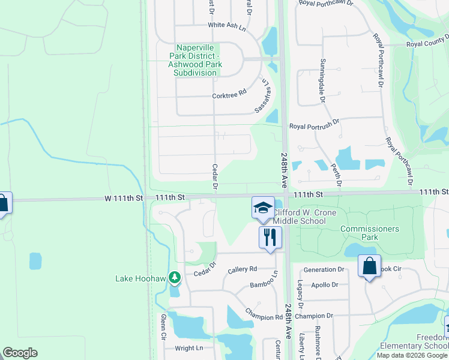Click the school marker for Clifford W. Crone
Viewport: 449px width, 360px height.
[x=262, y=208]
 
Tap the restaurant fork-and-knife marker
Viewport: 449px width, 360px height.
[x=270, y=237]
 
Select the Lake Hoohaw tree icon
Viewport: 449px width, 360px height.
[x=174, y=278]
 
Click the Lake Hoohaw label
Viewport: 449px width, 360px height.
[x=141, y=278]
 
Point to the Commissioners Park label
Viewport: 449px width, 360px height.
[x=369, y=233]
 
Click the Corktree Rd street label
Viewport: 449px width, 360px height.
[x=229, y=95]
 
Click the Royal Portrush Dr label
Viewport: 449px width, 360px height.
[x=315, y=127]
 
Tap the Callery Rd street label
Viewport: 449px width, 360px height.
[x=243, y=269]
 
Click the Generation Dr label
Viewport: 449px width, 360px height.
[x=324, y=270]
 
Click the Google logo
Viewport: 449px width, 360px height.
[x=20, y=353]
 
